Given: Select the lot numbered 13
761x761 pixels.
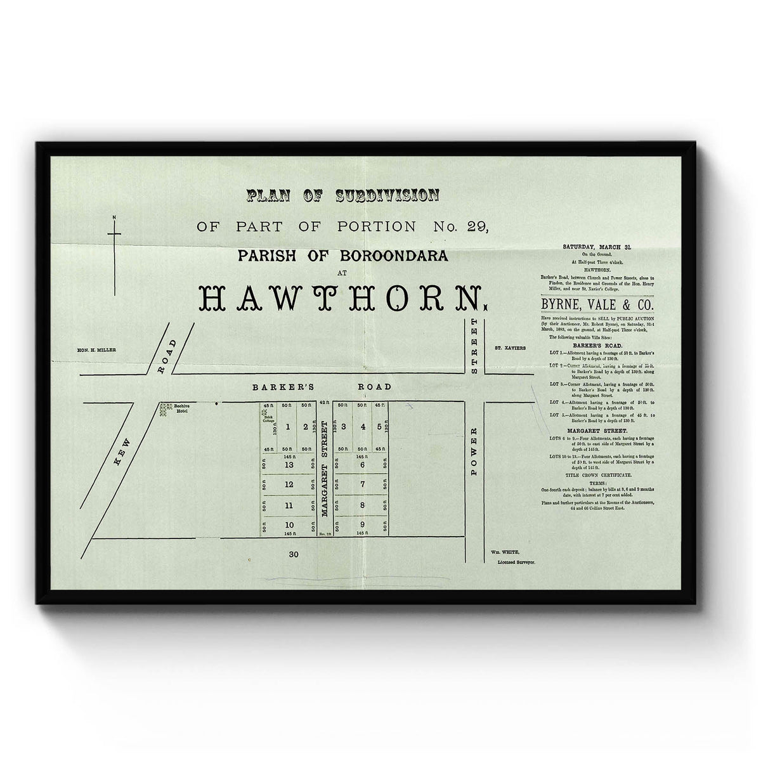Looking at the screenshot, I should tap(289, 465).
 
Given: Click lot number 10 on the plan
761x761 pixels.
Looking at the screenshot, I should tap(289, 524).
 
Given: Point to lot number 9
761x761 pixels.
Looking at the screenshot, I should tap(362, 524).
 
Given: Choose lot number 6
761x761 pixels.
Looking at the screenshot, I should tap(362, 465).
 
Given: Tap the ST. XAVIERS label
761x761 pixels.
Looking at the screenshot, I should tap(509, 348).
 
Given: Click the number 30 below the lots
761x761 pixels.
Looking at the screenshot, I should tap(293, 554).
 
